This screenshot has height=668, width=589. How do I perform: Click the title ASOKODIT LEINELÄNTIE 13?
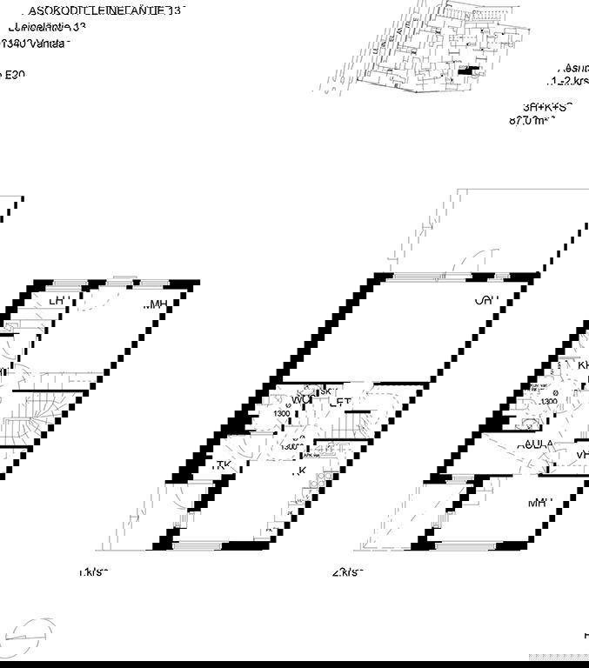(x=106, y=11)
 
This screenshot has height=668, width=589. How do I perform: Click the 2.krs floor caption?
(x=346, y=572)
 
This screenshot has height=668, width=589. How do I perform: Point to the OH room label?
(x=485, y=301)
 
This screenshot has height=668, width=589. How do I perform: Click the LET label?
(x=340, y=403)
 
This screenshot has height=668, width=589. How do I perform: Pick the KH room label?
(x=583, y=365)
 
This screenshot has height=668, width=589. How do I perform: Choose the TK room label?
(x=223, y=465)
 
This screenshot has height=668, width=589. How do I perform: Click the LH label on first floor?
(x=59, y=301)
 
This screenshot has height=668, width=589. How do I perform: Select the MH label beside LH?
(x=156, y=304)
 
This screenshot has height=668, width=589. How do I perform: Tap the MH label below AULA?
(x=539, y=502)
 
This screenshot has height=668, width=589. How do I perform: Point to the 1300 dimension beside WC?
(x=281, y=413)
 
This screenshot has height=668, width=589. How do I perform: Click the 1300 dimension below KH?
(x=548, y=401)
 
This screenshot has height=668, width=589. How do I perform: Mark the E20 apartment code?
(x=14, y=75)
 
